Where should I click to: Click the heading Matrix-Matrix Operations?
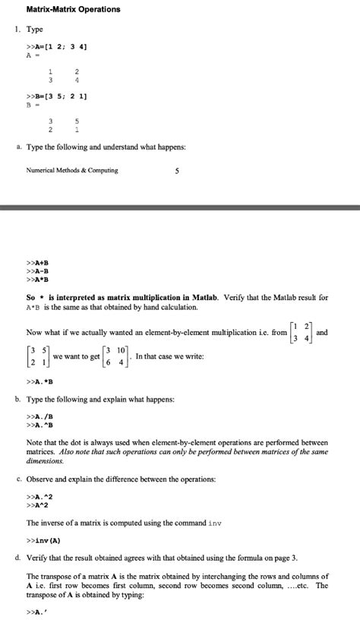tap(73, 9)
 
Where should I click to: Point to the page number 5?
tap(176, 170)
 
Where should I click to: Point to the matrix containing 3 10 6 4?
tap(117, 356)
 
